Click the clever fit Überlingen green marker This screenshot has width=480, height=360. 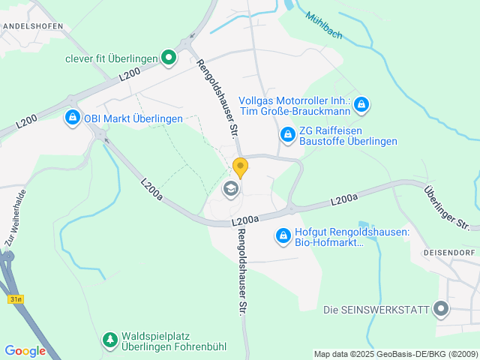point(169,57)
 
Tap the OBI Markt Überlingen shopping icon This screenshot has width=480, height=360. point(72,118)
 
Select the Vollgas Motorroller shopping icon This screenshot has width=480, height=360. point(361,104)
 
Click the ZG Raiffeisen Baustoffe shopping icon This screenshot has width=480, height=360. point(286,134)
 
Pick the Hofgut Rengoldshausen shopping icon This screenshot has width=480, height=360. point(283,236)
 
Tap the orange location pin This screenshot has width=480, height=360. point(240,166)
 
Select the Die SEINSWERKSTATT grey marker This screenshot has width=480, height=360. point(440,309)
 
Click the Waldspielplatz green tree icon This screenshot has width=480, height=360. point(110,340)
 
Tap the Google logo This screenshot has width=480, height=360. point(25,350)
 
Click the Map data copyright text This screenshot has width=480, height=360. point(395,354)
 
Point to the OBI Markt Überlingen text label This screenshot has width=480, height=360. point(133,118)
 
